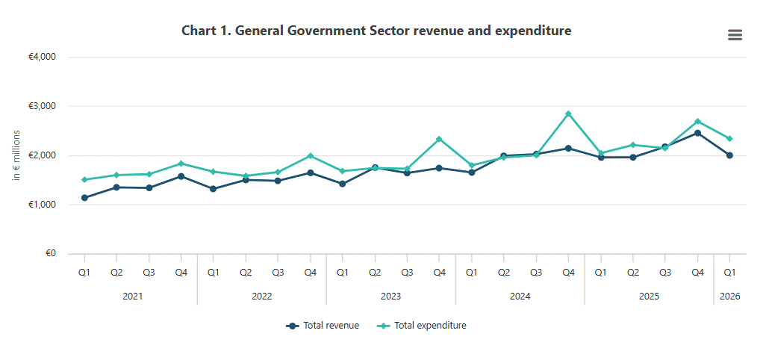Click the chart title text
click(376, 31)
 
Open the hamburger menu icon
click(735, 34)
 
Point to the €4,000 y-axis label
click(43, 57)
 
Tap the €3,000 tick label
click(43, 106)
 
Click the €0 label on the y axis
click(52, 253)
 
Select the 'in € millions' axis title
click(16, 155)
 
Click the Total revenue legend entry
click(323, 326)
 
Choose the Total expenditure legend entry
click(422, 326)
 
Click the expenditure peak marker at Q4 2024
click(568, 114)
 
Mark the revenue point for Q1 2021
click(84, 198)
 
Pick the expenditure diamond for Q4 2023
click(439, 139)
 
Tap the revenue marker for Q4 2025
click(697, 133)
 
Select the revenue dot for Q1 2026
click(730, 155)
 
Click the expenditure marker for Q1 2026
click(730, 139)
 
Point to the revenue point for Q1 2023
click(343, 184)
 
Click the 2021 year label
click(133, 297)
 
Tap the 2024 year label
click(520, 297)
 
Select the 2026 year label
click(730, 297)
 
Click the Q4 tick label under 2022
click(311, 273)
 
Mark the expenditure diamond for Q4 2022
click(311, 156)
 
